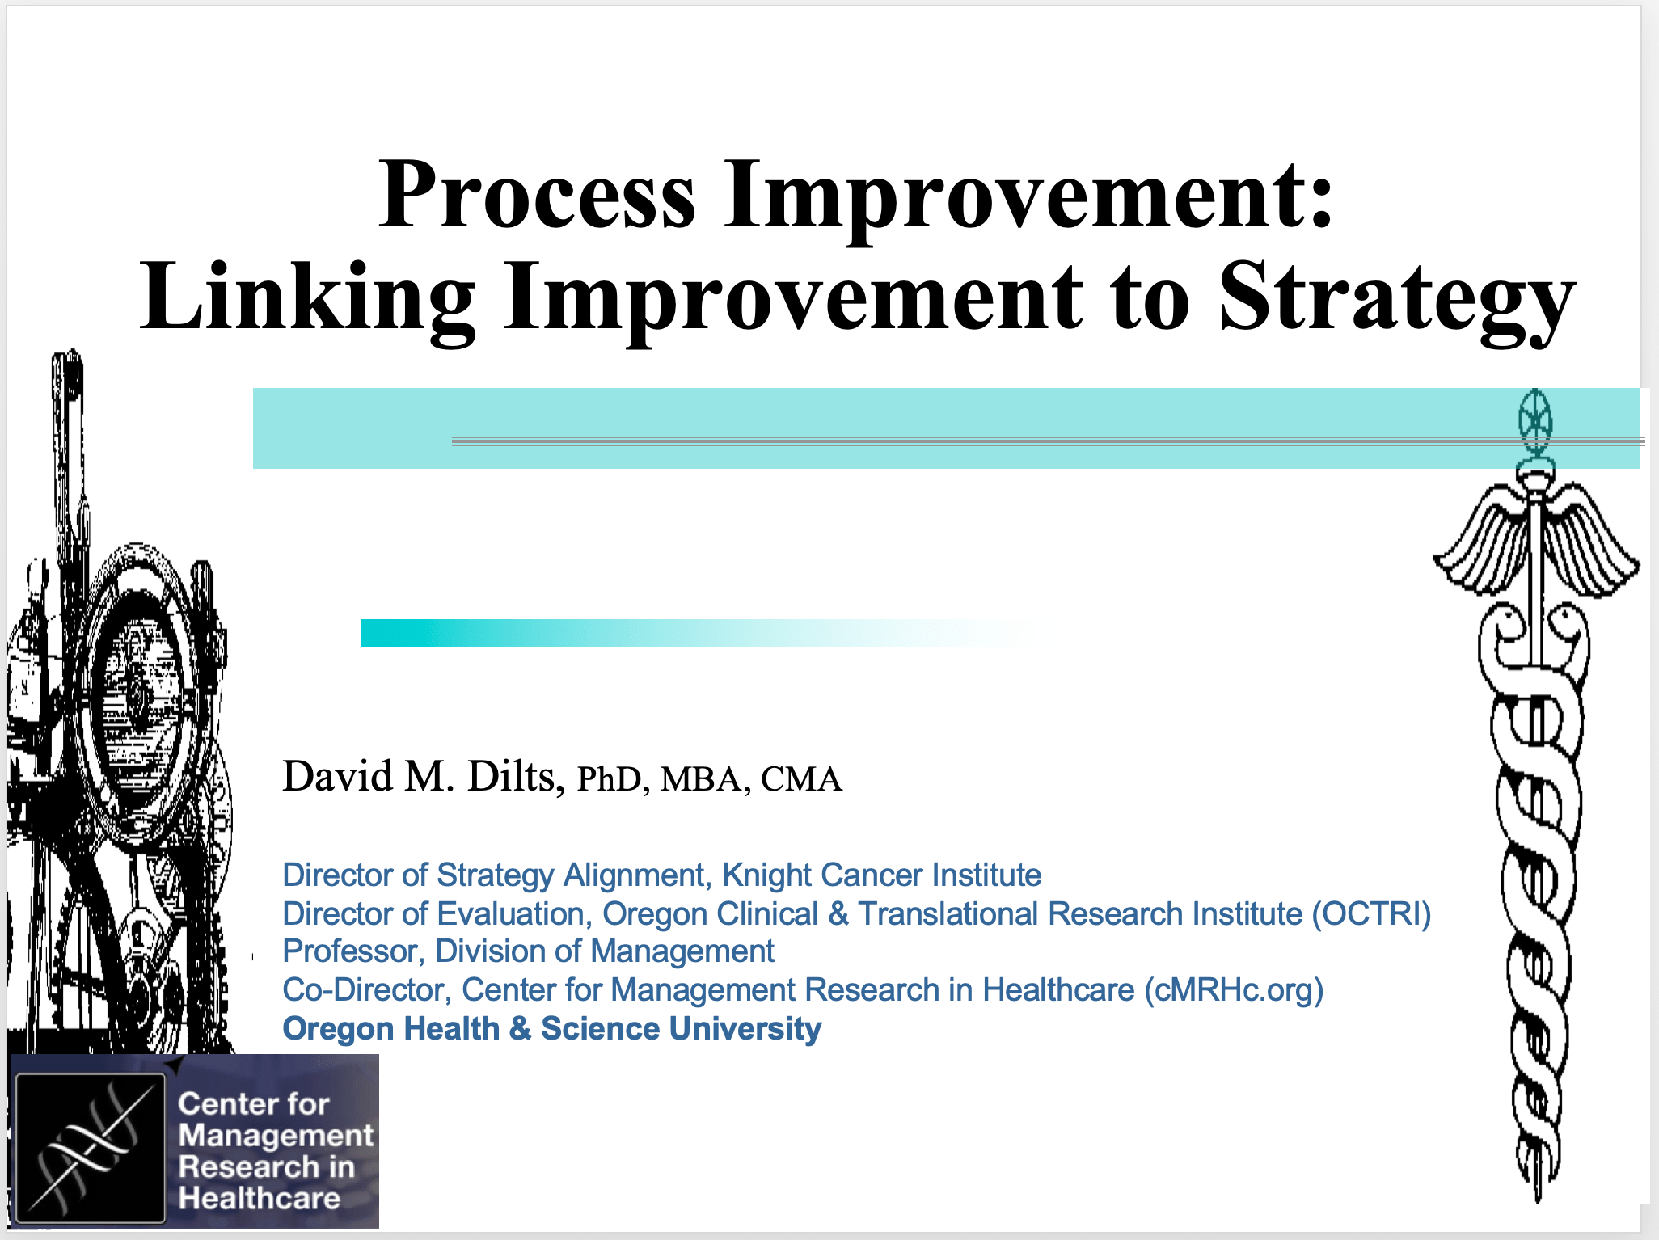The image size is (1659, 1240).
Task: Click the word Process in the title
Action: (x=537, y=195)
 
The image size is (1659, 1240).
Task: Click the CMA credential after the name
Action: (x=801, y=779)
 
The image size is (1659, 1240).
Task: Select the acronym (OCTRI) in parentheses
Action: (x=1371, y=914)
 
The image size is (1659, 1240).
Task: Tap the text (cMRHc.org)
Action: (x=1234, y=990)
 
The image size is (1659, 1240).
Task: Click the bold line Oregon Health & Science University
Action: (x=551, y=1029)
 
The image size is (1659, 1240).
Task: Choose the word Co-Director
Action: (x=366, y=990)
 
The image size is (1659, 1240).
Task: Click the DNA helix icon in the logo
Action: (x=91, y=1147)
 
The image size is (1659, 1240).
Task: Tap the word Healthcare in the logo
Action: (x=260, y=1198)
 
